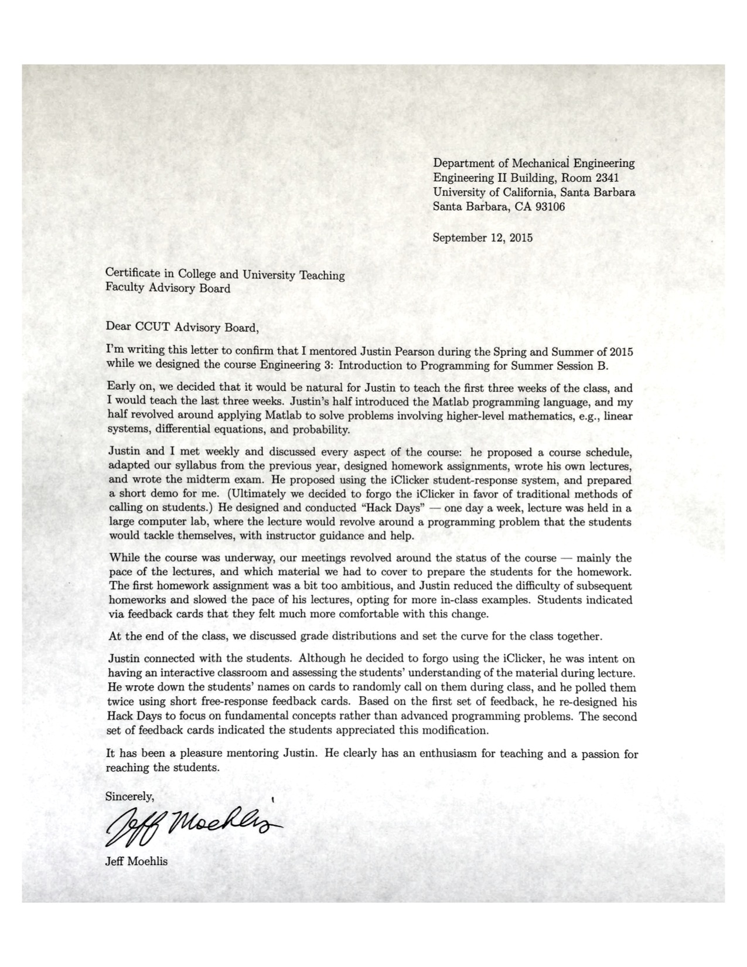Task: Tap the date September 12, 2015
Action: (x=482, y=238)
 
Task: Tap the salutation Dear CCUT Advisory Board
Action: (x=182, y=327)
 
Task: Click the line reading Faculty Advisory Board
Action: (x=168, y=288)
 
